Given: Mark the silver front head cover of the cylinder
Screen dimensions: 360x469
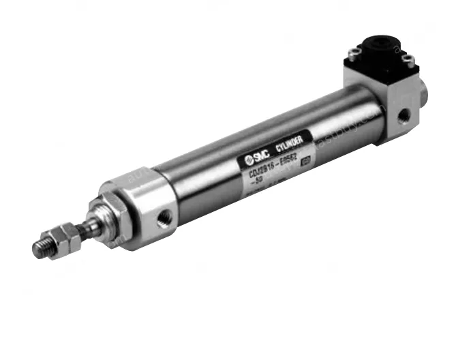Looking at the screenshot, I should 147,205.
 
